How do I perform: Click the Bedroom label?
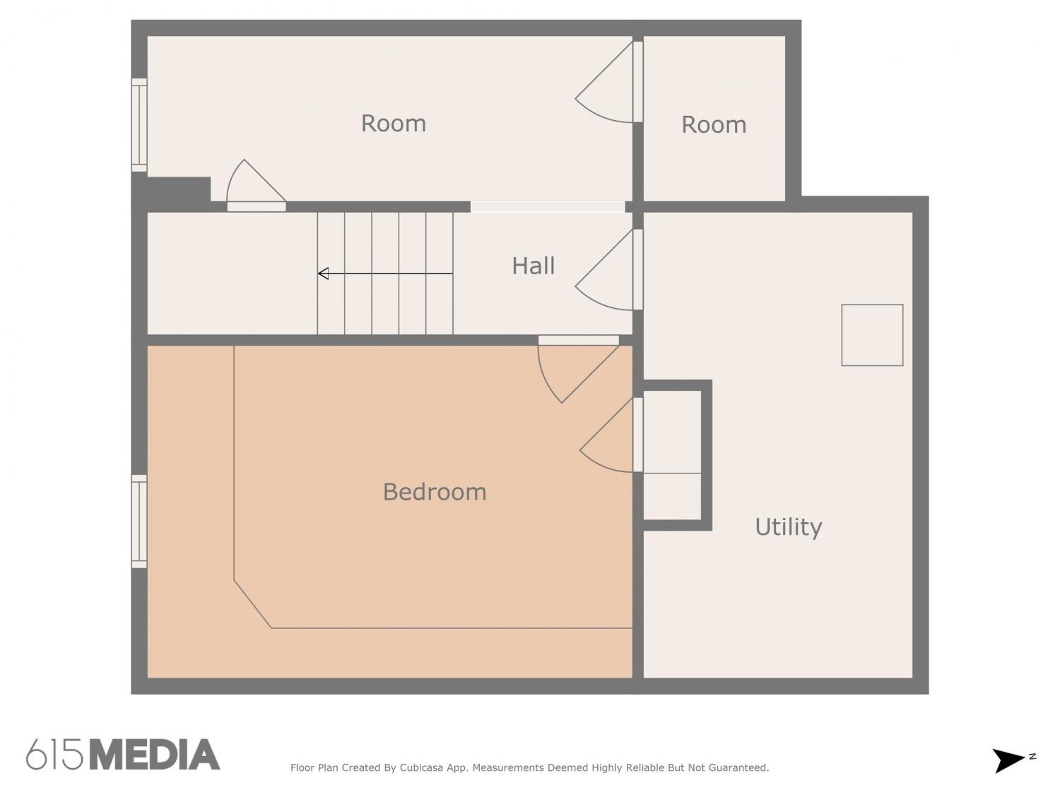click(434, 492)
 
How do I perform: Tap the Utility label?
click(788, 527)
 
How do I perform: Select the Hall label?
click(533, 266)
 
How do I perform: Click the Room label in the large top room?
click(394, 124)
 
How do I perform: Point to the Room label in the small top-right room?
click(714, 125)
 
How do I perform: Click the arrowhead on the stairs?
click(323, 273)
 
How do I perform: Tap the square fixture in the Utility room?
click(872, 335)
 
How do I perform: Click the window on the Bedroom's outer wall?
click(139, 522)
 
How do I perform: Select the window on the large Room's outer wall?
click(139, 125)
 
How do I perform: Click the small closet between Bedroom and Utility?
click(672, 455)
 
